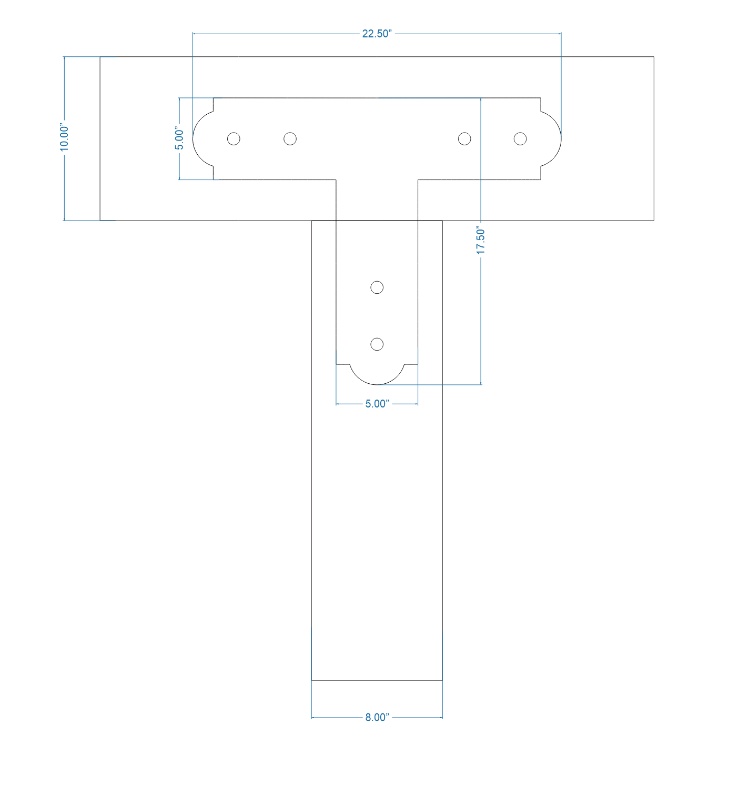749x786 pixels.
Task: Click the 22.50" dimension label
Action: (377, 34)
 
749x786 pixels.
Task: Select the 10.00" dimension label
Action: (64, 138)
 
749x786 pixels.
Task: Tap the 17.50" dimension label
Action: (481, 241)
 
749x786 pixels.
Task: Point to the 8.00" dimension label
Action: (377, 718)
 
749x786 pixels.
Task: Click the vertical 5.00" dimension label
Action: (179, 138)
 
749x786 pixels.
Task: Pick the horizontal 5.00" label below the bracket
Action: (377, 404)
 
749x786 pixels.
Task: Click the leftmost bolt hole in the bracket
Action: (234, 138)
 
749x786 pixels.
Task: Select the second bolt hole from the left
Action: (290, 138)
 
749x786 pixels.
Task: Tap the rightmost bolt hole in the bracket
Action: (520, 138)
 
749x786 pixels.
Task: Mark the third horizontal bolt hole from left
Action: (464, 138)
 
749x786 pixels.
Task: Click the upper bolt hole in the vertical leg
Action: (377, 287)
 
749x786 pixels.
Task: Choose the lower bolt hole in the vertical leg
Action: (377, 344)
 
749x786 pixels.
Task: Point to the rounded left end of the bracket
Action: (200, 139)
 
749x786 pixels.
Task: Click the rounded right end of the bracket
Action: (554, 139)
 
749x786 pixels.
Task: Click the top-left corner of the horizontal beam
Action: (100, 57)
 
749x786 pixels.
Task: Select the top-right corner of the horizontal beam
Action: (654, 57)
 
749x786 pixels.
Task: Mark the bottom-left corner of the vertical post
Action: (312, 680)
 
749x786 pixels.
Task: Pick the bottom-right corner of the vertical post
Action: (442, 680)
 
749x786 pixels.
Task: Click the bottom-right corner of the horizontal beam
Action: (654, 220)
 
